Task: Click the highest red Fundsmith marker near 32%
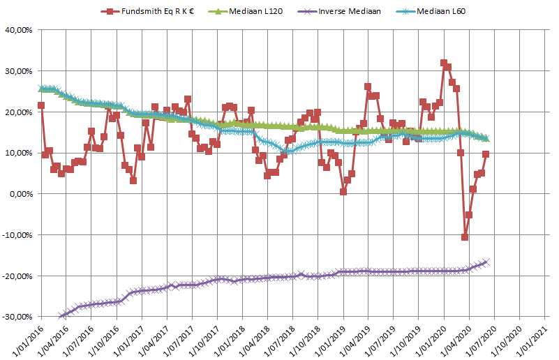pos(444,63)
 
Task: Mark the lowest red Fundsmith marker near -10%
pos(465,237)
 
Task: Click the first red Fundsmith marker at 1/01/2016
pos(41,105)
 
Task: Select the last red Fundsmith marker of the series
pos(486,154)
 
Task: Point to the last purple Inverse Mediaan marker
pos(486,262)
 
